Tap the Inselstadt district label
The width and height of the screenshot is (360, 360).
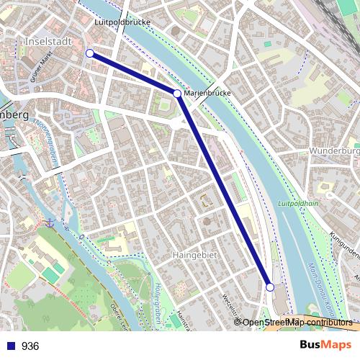49,41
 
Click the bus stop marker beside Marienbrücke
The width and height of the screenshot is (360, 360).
177,94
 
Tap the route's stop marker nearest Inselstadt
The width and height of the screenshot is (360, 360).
90,53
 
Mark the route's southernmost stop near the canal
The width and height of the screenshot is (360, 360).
270,287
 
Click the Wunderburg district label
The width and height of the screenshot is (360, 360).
334,151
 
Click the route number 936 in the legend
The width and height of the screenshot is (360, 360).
30,346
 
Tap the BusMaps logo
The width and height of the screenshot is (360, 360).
325,345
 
